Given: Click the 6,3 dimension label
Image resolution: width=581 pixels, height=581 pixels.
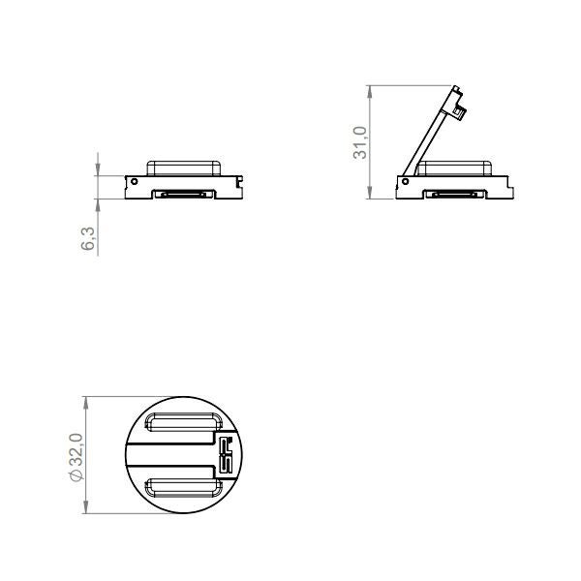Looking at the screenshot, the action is pos(88,239).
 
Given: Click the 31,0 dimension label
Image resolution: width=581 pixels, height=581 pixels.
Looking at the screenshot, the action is pos(360,142).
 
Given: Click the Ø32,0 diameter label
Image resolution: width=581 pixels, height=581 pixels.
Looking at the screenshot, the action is pos(76,457).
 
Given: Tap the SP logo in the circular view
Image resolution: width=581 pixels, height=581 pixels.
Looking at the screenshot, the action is pos(226,455).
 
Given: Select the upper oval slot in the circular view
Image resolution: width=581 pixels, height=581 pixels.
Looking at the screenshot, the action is pos(183,422).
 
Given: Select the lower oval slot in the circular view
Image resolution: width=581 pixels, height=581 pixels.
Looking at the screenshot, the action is pos(183,488).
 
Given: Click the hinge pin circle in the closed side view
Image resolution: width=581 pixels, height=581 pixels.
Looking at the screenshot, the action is pos(135,182).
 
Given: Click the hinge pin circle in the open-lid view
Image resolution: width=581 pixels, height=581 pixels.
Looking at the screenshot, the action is pos(405,182).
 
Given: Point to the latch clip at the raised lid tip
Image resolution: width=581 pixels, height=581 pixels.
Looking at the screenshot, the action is pos(460,111).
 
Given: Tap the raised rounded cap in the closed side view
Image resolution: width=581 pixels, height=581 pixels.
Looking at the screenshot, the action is pos(184,168).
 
